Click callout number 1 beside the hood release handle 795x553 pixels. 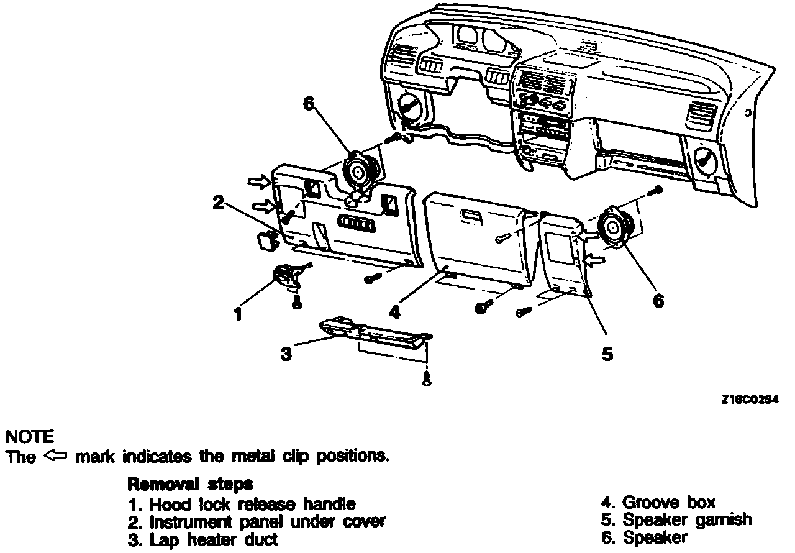pos(237,314)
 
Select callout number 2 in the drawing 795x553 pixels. pos(218,203)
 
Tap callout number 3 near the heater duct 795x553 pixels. pos(286,354)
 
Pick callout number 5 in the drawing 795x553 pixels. pos(607,354)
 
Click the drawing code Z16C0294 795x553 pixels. pos(750,400)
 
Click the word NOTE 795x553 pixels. pos(29,437)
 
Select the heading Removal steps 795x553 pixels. pos(189,484)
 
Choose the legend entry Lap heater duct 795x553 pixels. pos(204,539)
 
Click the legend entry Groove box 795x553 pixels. pos(658,502)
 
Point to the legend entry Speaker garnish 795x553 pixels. pos(677,519)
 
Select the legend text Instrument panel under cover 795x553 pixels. pos(257,521)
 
